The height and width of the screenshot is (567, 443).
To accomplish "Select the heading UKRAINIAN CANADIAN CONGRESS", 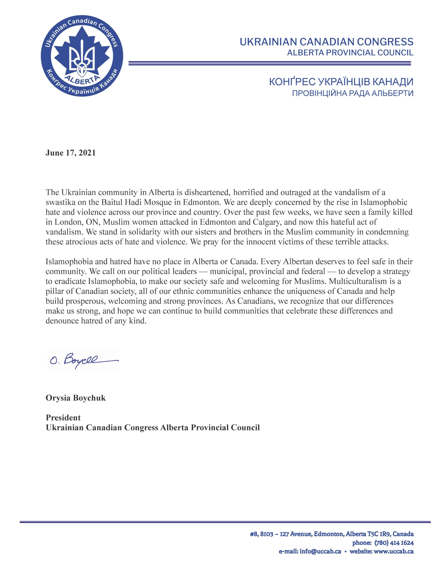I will pos(326,42).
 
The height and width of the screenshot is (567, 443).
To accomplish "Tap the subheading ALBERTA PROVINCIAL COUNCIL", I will pos(350,53).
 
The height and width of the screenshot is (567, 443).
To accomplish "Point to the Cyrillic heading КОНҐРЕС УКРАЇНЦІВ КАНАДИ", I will pos(341,82).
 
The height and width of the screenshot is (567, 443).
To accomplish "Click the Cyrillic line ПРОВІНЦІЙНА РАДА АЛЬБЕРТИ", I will pos(353,93).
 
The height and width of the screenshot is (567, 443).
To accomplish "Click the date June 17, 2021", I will pos(71,153).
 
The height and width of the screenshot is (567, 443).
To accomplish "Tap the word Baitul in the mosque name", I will pos(113,202).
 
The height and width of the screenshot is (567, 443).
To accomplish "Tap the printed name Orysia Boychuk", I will pos(76,398).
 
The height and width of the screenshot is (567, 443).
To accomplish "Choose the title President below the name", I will pos(63,418).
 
